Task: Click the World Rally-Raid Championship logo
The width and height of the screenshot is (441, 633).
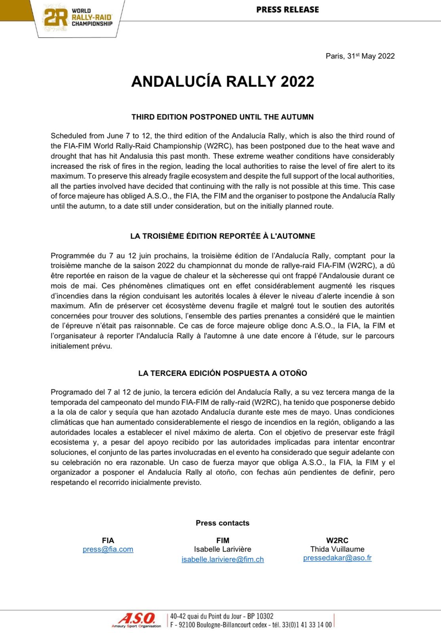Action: [78, 18]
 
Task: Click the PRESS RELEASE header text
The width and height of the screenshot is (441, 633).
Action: [287, 9]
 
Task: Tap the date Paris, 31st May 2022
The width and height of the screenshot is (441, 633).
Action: [360, 56]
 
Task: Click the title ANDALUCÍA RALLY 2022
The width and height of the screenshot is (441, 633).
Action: [222, 81]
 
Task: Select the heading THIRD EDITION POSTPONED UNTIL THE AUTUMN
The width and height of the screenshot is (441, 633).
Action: [222, 117]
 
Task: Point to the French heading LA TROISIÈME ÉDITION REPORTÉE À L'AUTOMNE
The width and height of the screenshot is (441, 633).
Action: [222, 236]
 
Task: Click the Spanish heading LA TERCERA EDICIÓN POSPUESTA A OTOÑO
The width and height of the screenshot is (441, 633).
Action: [222, 373]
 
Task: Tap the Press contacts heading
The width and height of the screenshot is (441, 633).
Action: [222, 523]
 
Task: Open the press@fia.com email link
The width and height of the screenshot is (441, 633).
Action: [108, 549]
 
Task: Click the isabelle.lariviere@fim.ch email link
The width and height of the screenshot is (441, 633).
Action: [222, 559]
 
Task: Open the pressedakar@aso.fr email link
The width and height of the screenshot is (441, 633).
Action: [337, 558]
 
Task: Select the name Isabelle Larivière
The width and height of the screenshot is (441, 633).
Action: [222, 549]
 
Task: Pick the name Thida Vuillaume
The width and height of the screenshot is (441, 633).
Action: [337, 549]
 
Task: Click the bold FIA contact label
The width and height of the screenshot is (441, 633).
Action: [108, 540]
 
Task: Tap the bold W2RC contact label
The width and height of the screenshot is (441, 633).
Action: [337, 540]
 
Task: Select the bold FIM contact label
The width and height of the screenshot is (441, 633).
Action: [222, 540]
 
